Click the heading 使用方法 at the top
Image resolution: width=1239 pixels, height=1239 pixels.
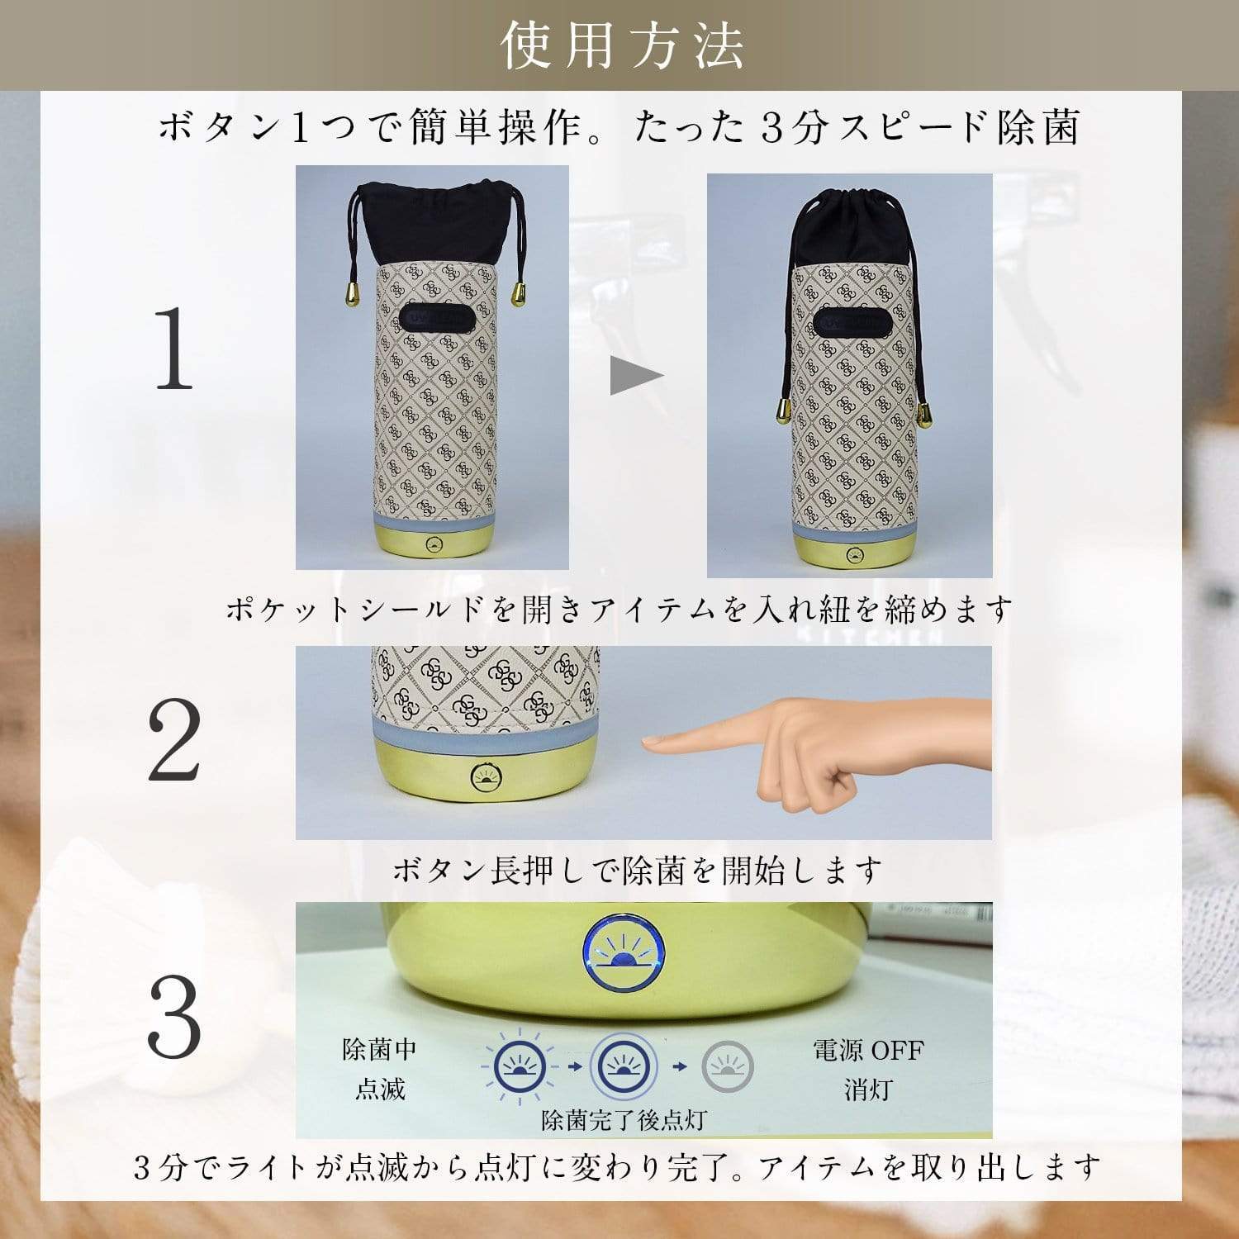coord(621,45)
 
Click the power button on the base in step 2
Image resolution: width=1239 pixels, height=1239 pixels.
coord(485,778)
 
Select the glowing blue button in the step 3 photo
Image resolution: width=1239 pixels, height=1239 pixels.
coord(623,955)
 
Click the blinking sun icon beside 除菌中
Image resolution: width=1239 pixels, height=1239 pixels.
coord(519,1066)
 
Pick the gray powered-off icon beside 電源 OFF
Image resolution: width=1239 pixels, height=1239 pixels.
coord(727,1066)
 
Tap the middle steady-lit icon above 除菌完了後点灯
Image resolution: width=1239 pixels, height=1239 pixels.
coord(623,1066)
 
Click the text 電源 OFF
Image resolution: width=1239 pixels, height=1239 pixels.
coord(868,1051)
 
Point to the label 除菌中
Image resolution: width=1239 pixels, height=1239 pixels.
coord(379,1050)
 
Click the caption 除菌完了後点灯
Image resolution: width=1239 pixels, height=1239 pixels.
coord(624,1120)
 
